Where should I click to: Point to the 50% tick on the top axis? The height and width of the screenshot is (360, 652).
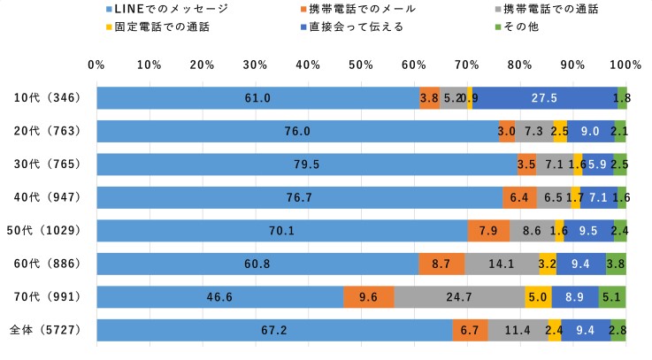(361, 65)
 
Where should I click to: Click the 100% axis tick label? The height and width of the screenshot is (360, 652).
(625, 65)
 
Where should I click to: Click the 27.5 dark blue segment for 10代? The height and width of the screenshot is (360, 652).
(545, 98)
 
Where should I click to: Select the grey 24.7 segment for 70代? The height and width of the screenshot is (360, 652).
(459, 297)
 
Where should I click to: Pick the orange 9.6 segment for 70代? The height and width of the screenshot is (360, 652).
(369, 297)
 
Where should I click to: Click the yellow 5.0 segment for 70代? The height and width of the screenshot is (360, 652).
(538, 297)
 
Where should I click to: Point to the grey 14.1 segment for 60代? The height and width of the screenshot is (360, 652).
(502, 264)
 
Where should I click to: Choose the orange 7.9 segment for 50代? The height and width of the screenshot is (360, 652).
(488, 231)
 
